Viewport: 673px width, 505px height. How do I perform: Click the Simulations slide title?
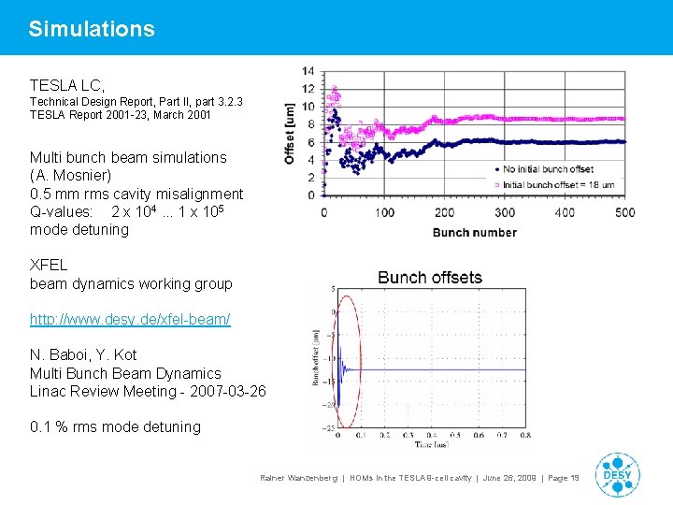[92, 29]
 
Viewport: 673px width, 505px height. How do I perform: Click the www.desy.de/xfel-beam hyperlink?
[130, 320]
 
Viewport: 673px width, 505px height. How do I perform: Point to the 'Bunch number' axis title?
[474, 232]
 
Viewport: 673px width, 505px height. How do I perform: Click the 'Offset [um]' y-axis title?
[291, 133]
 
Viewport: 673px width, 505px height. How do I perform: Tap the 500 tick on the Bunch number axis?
[624, 212]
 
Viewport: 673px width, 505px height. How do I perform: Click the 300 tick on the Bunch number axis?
[505, 212]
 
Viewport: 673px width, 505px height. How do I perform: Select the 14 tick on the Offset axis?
[308, 71]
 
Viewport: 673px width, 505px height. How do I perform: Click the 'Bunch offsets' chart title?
[430, 278]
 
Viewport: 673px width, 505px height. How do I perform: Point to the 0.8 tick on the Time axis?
[525, 435]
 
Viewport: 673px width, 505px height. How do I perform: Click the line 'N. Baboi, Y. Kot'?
[83, 355]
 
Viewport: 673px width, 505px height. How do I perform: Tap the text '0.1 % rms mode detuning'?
[115, 427]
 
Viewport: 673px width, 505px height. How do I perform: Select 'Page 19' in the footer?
[564, 478]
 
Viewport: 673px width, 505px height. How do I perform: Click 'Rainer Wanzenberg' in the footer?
[298, 478]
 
